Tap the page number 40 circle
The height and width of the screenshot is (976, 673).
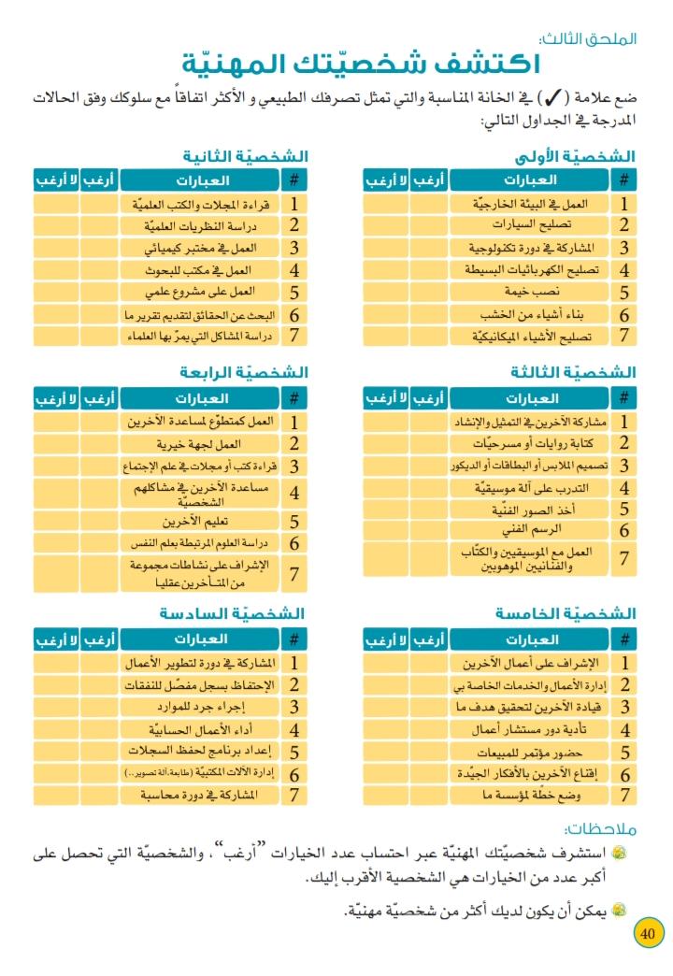[x=649, y=933]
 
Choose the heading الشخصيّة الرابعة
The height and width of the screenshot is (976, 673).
[x=244, y=372]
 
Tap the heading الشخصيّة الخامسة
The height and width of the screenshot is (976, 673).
[x=566, y=613]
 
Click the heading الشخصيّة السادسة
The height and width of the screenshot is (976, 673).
[x=233, y=613]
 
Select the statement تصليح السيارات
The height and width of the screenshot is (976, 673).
[x=531, y=225]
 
